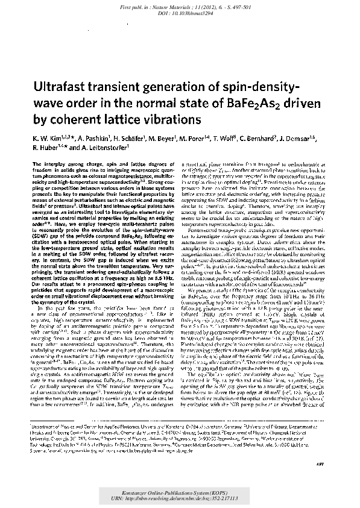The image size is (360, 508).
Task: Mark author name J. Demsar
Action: [314, 138]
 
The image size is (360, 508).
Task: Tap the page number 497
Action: [321, 484]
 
